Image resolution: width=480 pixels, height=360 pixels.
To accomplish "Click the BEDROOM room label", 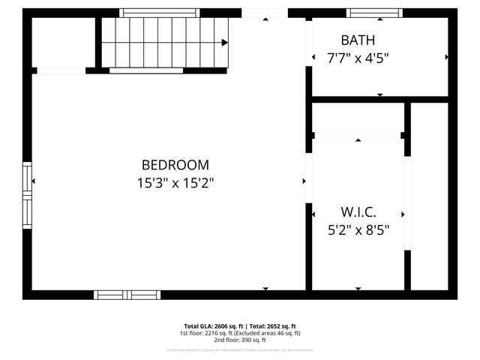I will [175, 165].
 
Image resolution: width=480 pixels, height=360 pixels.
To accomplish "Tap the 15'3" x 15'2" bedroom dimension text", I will [175, 182].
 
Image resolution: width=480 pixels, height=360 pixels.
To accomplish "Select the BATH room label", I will [358, 40].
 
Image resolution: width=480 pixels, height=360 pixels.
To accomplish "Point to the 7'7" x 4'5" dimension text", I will [358, 58].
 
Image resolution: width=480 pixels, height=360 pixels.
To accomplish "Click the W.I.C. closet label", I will [358, 212].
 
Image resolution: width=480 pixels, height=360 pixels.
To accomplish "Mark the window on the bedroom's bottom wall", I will [127, 294].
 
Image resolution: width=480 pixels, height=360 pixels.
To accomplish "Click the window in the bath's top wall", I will [373, 13].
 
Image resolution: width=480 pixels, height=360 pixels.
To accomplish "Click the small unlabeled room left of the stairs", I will [61, 42].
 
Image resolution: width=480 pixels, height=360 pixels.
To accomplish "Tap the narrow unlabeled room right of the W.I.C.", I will [429, 195].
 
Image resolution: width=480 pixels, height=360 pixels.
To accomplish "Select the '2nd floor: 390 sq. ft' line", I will [240, 340].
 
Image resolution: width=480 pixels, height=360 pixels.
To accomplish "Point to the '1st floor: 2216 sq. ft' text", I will [207, 333].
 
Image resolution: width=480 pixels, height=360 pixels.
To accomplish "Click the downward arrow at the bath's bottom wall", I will [379, 95].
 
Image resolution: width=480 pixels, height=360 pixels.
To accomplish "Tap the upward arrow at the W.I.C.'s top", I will [358, 140].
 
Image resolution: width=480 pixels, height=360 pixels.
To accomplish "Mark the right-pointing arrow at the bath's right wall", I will [447, 57].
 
